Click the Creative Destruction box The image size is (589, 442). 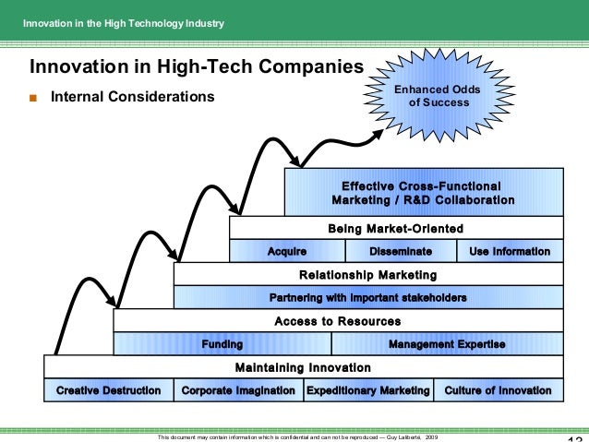(108, 390)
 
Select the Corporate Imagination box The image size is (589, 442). (238, 390)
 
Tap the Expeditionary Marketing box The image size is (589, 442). (367, 390)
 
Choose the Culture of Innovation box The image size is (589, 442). (498, 390)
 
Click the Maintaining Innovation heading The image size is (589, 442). (303, 367)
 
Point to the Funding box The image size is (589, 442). (222, 344)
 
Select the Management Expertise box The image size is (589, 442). (447, 344)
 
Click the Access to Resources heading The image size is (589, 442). (337, 321)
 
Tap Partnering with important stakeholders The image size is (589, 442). (367, 298)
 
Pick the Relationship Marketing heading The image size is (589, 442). (367, 275)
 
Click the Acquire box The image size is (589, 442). (286, 251)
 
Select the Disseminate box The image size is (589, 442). (401, 251)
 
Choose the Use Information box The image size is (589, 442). (510, 251)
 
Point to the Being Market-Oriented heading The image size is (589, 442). (395, 228)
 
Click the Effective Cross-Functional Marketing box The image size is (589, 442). (423, 192)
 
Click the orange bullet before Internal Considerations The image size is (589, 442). (34, 97)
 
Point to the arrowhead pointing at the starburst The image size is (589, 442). (379, 133)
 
